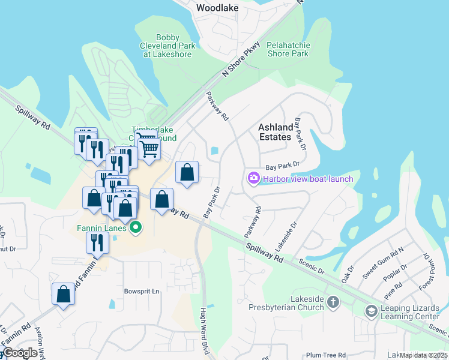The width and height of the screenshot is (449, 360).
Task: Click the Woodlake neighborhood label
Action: click(x=217, y=8)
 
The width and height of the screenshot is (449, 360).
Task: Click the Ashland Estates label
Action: click(x=276, y=132)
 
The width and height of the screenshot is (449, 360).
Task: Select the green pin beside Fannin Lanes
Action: click(x=136, y=227)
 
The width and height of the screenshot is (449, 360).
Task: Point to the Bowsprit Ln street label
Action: click(x=142, y=292)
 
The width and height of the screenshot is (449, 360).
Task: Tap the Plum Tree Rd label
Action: click(x=326, y=355)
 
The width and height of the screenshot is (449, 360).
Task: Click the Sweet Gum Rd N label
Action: click(x=384, y=262)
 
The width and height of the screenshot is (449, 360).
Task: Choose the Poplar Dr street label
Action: click(x=397, y=275)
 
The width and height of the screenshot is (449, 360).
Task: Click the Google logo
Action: click(x=20, y=353)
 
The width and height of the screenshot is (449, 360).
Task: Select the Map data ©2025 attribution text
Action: click(x=423, y=355)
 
